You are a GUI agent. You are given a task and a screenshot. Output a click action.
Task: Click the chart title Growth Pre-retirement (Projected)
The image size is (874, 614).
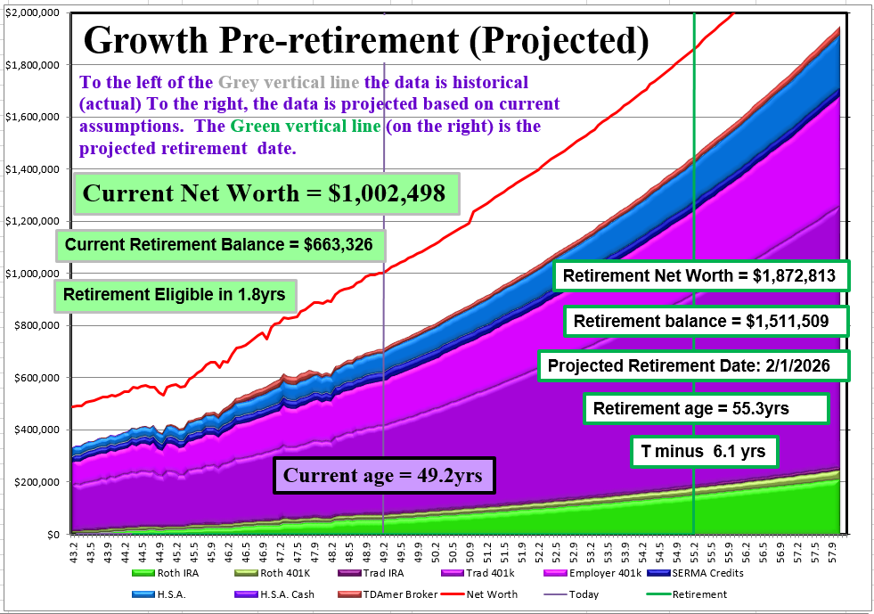coord(366,40)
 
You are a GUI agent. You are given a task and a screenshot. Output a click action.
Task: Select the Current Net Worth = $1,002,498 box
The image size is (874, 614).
coord(264,193)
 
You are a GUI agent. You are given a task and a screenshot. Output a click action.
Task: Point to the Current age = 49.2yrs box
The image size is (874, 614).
coord(383,476)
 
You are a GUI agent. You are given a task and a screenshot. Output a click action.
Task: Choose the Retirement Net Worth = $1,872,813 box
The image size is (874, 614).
coord(699,275)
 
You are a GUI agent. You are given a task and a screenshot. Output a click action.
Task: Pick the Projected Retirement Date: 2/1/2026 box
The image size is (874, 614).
coord(693,364)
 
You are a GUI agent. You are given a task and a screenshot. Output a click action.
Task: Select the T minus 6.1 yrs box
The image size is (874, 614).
coord(704,452)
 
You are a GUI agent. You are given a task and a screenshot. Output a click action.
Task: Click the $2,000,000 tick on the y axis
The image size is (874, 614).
coord(32,13)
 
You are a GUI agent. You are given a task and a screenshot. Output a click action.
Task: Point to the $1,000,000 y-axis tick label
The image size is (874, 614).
coord(32,274)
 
